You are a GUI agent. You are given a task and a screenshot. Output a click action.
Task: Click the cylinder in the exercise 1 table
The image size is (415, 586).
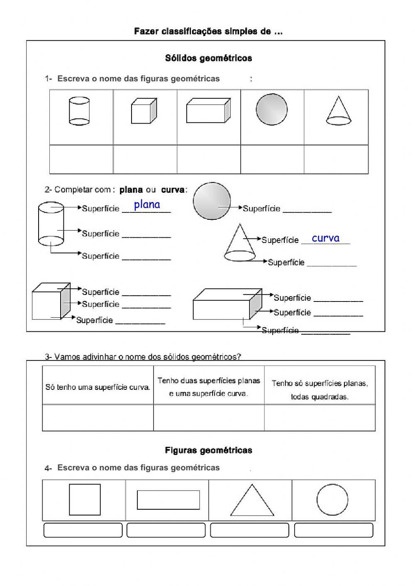point(79,111)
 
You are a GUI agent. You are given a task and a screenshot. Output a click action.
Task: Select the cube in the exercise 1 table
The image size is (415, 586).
point(144,111)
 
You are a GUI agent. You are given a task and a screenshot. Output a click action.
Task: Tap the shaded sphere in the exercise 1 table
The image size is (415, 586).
point(271,109)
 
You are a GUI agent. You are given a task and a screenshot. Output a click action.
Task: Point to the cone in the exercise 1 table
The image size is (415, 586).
point(339,111)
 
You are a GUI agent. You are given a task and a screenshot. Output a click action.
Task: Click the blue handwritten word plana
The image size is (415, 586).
point(147,204)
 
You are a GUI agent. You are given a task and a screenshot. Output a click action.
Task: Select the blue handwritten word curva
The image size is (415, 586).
point(325,238)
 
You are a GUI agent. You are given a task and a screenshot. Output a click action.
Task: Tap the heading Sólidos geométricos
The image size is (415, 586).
point(208,58)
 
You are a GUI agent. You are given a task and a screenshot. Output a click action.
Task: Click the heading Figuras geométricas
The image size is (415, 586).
point(208,450)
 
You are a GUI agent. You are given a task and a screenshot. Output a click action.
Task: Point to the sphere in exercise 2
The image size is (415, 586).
point(212,201)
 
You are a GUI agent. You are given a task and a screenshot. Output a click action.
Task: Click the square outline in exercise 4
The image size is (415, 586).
point(85,499)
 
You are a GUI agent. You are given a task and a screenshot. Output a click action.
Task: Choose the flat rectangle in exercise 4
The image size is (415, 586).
point(168,500)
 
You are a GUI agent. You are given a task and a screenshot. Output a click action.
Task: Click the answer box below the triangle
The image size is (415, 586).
point(249,530)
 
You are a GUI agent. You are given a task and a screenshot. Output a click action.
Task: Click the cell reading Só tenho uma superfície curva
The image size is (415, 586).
point(98,387)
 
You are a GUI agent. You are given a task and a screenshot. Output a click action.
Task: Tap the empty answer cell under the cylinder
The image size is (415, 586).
point(81,159)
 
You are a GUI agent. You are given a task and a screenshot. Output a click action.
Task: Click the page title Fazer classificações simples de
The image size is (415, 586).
point(208,32)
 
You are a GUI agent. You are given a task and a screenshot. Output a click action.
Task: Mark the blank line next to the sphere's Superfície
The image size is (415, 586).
point(307,210)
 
